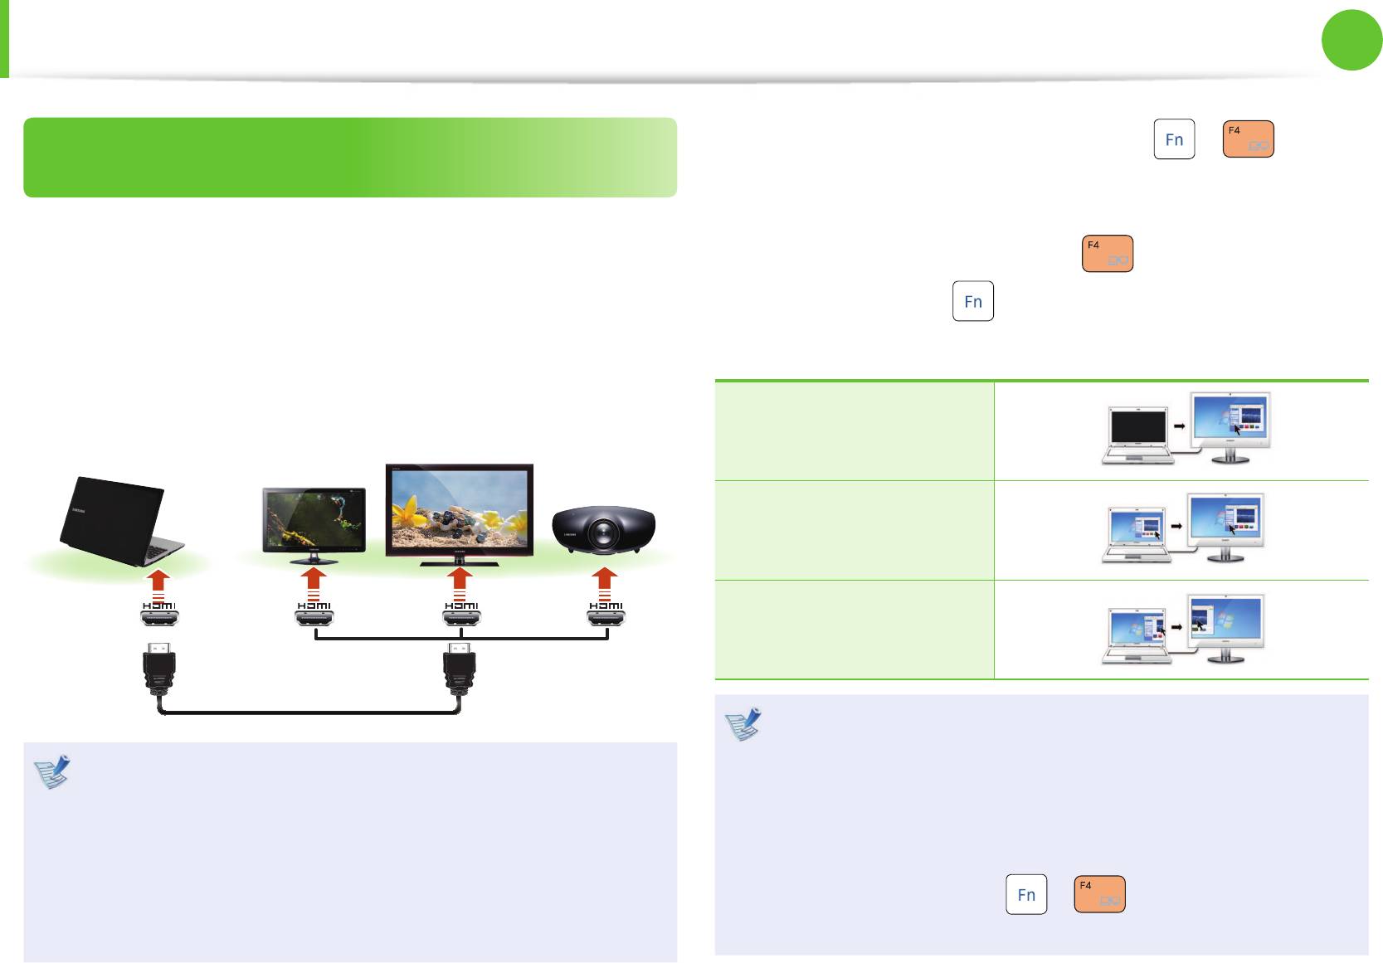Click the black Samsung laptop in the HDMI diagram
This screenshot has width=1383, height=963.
point(116,521)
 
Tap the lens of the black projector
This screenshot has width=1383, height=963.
point(603,531)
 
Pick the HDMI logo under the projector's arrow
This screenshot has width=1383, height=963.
point(606,606)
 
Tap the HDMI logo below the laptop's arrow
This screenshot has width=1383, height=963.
point(159,606)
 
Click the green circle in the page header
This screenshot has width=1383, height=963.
point(1351,41)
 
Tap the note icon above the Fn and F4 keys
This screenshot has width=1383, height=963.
point(743,723)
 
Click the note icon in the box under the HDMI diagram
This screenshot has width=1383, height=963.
point(52,771)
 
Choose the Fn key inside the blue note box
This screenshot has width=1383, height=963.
point(1026,894)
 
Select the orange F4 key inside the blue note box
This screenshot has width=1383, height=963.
point(1099,894)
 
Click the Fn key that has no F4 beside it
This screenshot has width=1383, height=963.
point(973,301)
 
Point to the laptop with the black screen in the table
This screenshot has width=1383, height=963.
point(1137,435)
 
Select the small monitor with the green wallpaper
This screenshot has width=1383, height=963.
point(314,521)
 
